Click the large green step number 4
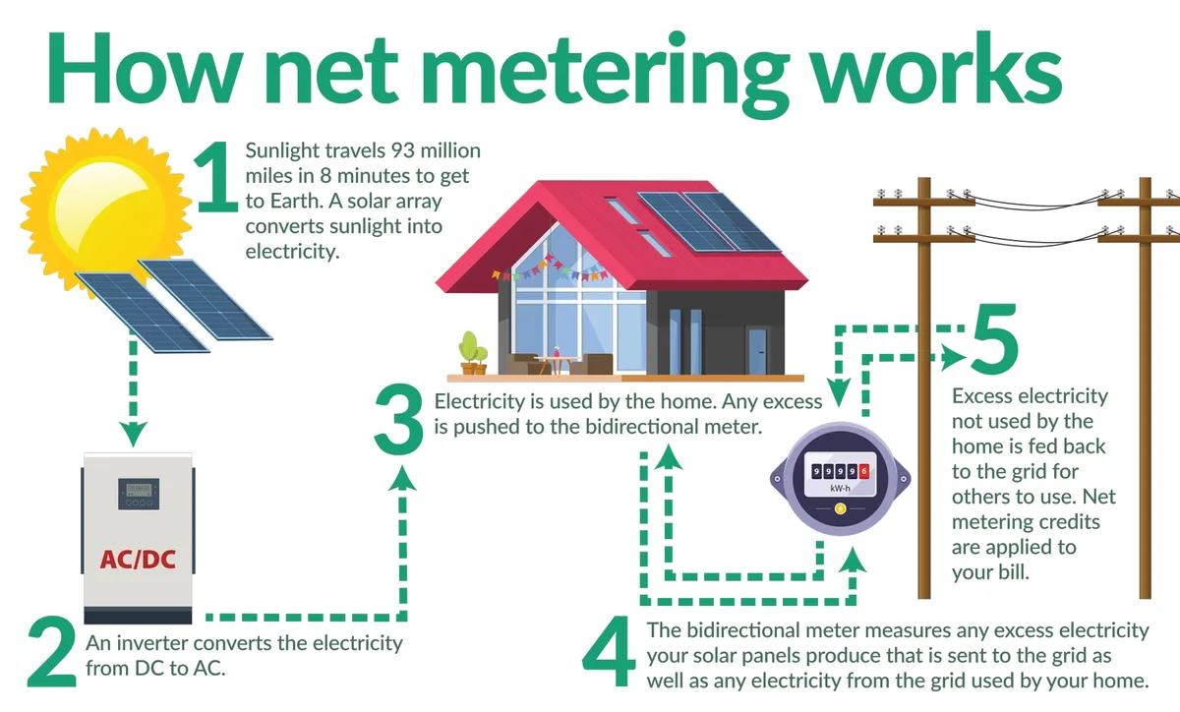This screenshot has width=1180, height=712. point(612,653)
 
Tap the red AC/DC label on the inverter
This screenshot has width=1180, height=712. point(137,560)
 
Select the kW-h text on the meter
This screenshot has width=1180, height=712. point(839,489)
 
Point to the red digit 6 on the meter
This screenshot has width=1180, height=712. point(863,470)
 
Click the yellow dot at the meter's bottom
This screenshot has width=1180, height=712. point(840,508)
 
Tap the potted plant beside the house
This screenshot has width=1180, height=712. point(473,352)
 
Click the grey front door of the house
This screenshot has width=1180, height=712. point(756,351)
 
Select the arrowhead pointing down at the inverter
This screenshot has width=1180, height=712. point(133,432)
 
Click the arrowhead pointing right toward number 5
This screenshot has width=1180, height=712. point(949,358)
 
